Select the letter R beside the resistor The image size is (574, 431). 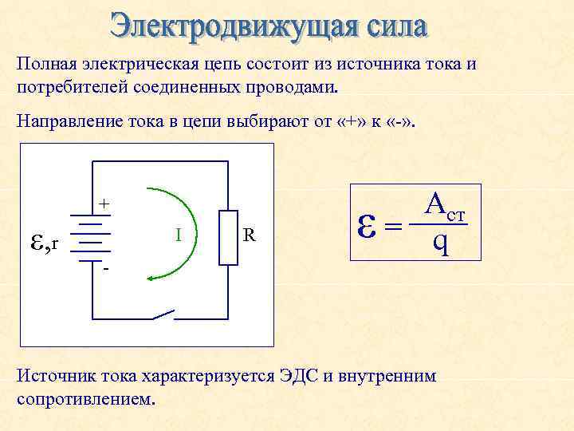250,235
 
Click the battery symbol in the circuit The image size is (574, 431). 94,237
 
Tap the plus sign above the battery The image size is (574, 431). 104,204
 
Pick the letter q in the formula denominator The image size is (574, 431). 441,242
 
